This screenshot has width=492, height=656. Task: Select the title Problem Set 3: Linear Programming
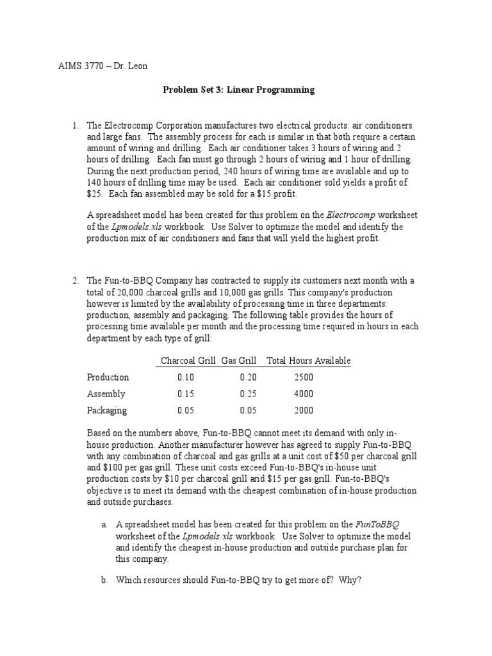238,90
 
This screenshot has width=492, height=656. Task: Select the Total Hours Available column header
308,361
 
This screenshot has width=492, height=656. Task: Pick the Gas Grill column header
240,361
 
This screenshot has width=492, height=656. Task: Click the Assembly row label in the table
106,394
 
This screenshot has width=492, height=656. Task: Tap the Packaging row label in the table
107,411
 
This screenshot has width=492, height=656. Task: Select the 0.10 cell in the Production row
186,377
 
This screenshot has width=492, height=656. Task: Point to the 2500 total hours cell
304,377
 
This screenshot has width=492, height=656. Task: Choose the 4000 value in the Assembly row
304,394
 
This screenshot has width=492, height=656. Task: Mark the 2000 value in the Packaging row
304,411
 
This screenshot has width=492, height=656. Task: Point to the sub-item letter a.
104,524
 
